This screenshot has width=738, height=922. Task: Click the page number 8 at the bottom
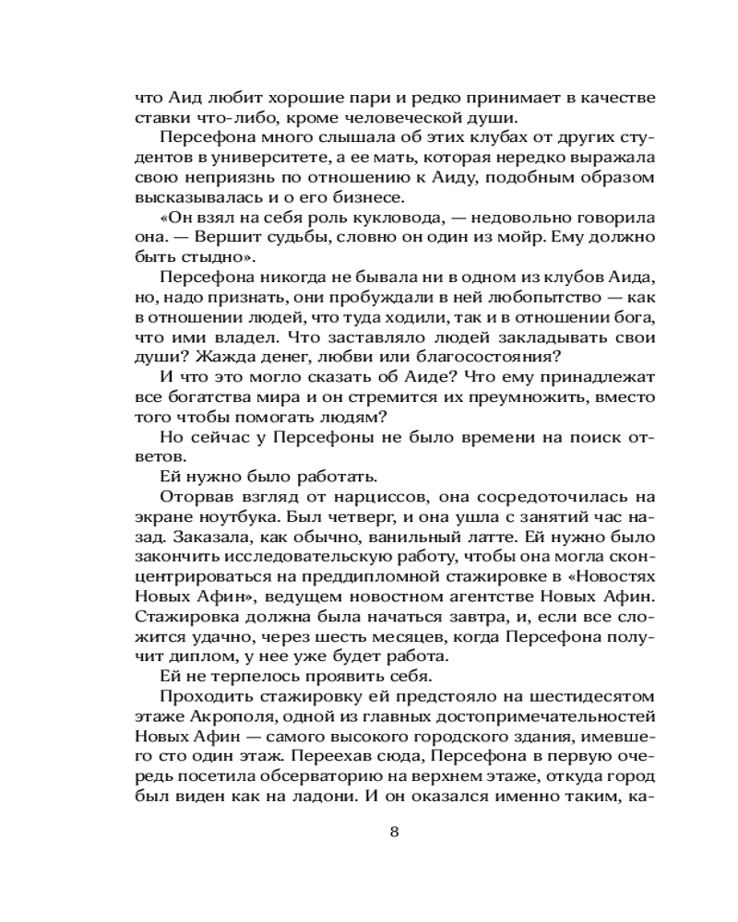(394, 832)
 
